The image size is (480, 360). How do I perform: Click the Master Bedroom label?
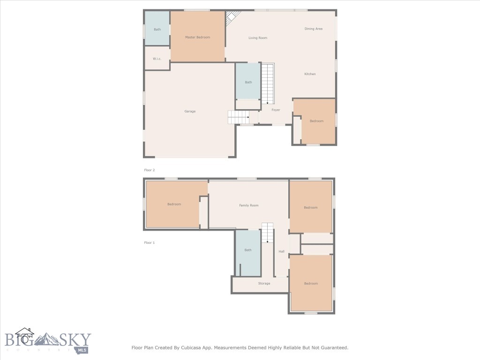click(197, 37)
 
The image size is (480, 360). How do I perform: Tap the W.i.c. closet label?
click(157, 59)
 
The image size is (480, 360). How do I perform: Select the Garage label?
click(190, 111)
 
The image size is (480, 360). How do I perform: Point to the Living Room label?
click(258, 37)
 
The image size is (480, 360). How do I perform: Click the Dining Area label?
click(314, 29)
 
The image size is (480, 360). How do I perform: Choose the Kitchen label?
click(310, 74)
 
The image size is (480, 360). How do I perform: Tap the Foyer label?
click(276, 110)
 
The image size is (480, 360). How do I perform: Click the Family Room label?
click(249, 205)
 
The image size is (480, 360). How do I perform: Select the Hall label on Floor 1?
click(282, 252)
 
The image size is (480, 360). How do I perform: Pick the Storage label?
click(264, 283)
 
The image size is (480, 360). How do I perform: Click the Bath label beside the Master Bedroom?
click(157, 30)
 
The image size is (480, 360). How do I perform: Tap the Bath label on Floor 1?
click(248, 250)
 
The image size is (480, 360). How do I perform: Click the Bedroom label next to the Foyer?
click(316, 121)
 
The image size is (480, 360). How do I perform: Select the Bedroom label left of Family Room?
click(174, 204)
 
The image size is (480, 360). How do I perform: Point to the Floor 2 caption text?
click(149, 170)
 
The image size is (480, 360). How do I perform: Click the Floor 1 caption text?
click(149, 243)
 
